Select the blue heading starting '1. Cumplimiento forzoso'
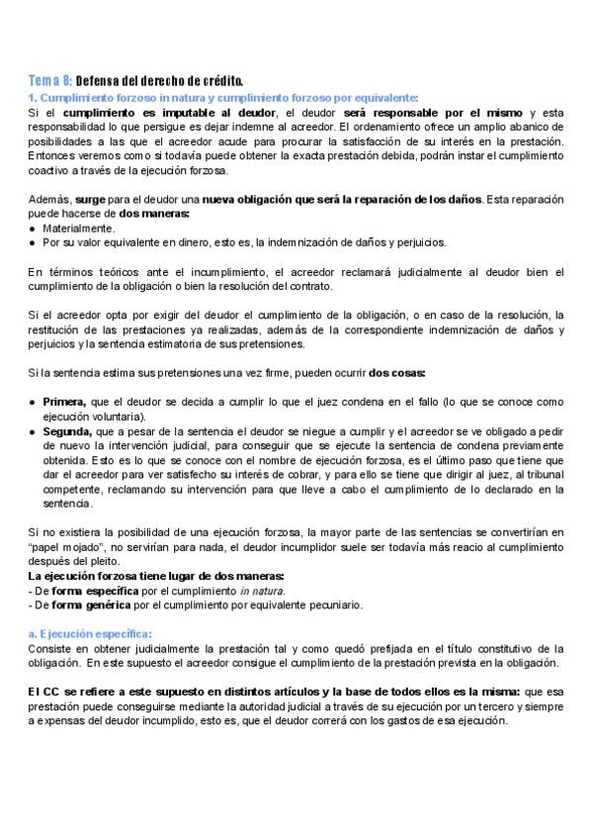[x=222, y=97]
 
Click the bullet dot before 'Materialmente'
[x=33, y=228]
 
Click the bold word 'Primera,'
[x=64, y=402]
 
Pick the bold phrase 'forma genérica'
[x=88, y=605]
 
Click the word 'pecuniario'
[x=331, y=605]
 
